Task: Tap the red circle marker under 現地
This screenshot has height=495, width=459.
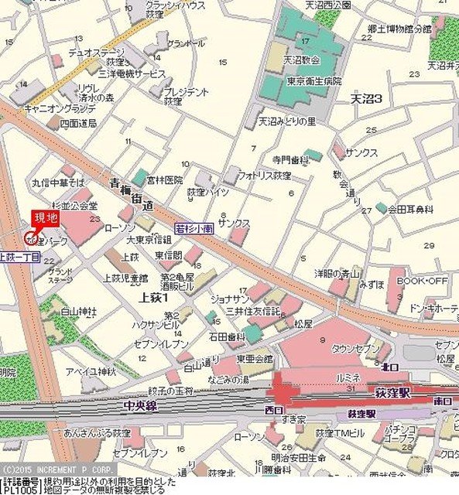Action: [31, 235]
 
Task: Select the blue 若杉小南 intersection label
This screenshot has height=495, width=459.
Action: [194, 228]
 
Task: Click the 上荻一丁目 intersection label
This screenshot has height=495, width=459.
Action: [19, 257]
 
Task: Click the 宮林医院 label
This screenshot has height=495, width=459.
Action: [166, 179]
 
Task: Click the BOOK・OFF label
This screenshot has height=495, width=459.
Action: [422, 281]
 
